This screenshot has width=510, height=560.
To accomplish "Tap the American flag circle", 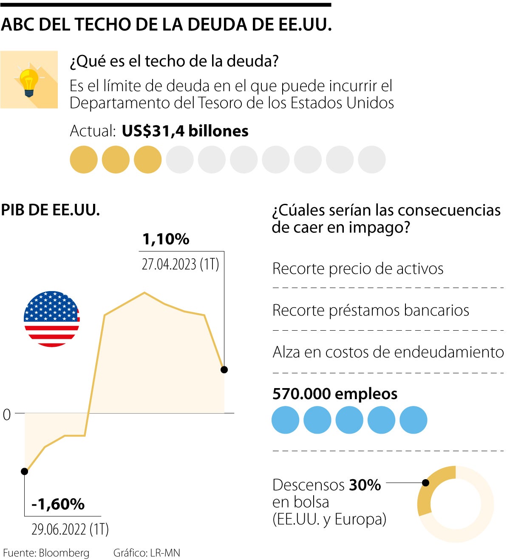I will click(52, 319).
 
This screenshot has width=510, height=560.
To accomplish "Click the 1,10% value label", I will click(166, 239).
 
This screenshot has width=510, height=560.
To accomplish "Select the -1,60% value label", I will click(58, 504).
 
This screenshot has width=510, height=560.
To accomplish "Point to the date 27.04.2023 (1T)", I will click(180, 264).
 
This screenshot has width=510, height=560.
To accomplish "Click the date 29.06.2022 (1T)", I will click(70, 529).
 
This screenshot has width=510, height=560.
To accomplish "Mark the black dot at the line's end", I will click(224, 369).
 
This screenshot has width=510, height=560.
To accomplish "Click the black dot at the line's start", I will click(25, 471).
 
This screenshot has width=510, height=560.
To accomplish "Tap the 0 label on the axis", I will click(7, 414).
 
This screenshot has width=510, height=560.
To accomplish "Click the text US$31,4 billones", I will click(185, 131).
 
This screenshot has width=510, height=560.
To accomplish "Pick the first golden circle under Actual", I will click(84, 160).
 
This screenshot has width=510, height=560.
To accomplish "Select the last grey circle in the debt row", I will click(371, 160).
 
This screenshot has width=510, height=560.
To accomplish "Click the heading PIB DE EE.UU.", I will click(51, 210).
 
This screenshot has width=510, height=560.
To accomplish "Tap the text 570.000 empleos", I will click(335, 394).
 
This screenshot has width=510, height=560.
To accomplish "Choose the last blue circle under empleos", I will click(413, 420).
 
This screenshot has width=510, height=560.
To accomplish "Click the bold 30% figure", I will click(365, 485).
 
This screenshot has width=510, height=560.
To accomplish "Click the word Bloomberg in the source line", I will click(64, 553).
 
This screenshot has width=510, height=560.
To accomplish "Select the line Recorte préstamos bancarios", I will click(371, 310).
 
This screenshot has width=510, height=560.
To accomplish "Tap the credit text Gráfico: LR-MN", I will click(147, 553).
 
